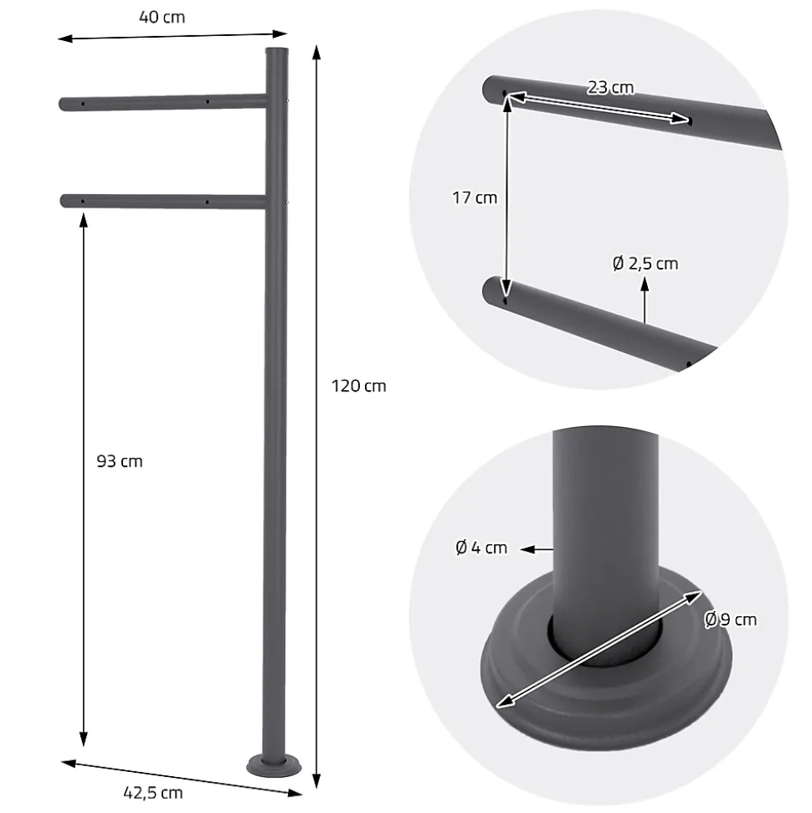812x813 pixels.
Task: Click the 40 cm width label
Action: tap(162, 17)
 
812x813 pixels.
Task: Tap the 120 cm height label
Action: tap(359, 386)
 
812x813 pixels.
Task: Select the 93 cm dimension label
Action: tap(119, 461)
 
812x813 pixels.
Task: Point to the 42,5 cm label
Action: tap(153, 793)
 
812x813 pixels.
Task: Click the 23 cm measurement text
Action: tap(610, 88)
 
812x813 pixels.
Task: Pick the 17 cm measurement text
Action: tap(475, 198)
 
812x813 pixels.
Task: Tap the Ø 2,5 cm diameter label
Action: tap(645, 264)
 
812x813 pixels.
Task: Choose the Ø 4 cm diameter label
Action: tap(481, 548)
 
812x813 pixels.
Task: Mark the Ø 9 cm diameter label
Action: tap(730, 620)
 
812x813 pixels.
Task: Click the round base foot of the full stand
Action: tap(274, 766)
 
